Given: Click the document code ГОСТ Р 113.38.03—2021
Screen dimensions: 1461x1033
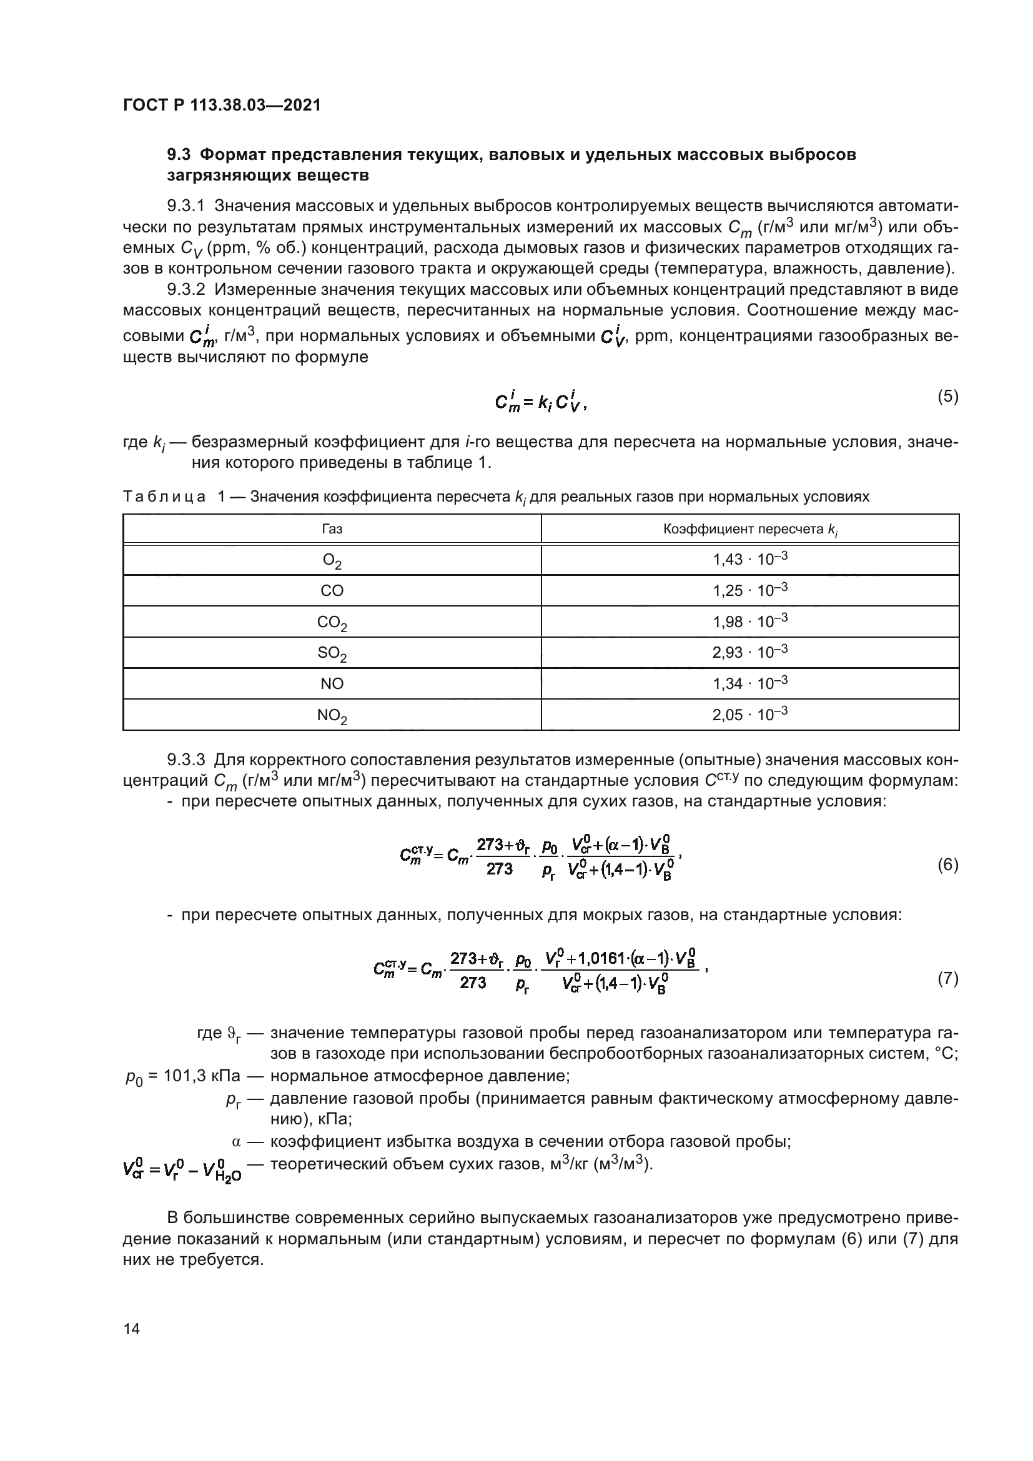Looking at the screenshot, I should tap(221, 105).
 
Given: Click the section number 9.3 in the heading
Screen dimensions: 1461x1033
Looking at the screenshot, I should tap(179, 155).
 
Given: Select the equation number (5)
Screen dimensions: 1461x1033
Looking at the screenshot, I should tap(948, 397).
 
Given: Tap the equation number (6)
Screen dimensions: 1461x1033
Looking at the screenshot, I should tap(948, 864).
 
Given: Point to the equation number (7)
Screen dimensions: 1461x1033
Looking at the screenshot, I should tap(948, 978).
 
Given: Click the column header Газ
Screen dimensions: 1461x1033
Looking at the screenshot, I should tap(332, 529).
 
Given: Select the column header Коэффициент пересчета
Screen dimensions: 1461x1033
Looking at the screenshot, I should tap(749, 530).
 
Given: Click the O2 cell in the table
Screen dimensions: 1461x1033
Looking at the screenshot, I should tap(332, 560).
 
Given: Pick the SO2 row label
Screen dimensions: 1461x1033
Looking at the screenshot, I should tap(332, 653).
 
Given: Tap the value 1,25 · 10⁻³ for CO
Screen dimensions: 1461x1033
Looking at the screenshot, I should tap(750, 590).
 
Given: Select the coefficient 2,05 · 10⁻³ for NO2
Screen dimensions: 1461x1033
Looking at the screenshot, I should tap(750, 714).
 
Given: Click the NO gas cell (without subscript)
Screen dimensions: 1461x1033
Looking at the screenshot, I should tap(332, 683).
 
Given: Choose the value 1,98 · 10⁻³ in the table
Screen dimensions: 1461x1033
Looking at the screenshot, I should tap(750, 621).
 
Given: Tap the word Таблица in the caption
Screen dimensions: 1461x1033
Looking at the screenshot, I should tap(164, 497).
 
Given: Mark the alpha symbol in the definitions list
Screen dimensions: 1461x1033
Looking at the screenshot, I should tap(237, 1142).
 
